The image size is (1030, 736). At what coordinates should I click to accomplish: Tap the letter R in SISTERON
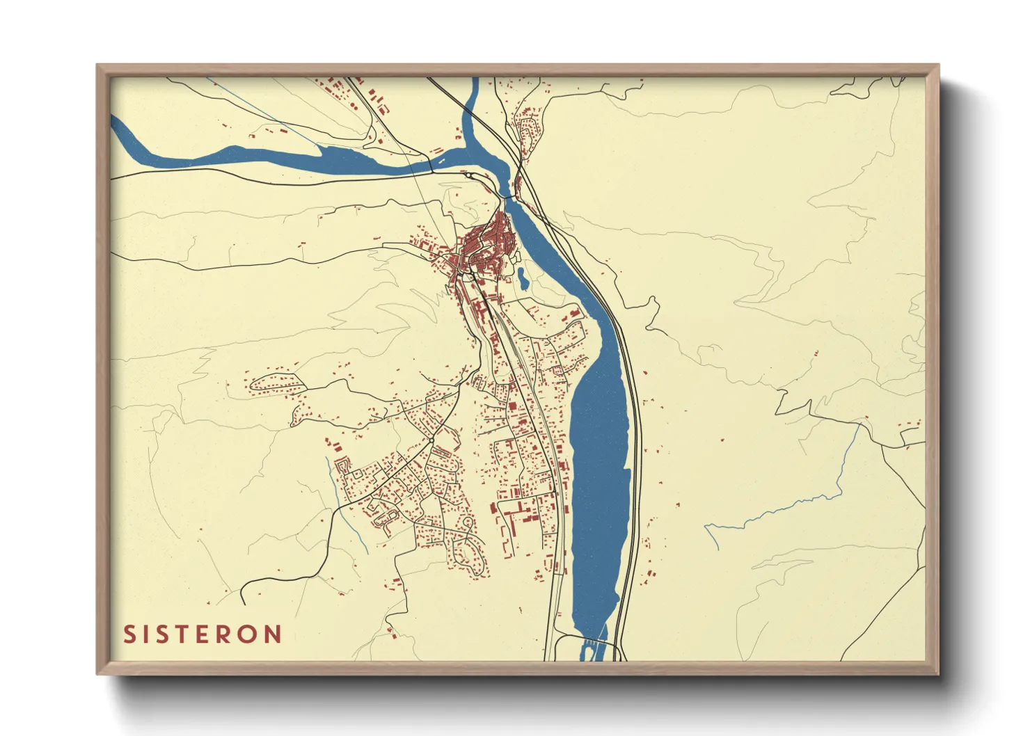pos(227,634)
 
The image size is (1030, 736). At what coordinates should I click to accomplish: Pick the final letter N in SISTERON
pos(274,634)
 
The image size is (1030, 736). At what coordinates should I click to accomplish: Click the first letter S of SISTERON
pos(130,634)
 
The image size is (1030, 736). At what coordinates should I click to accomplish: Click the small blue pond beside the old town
pos(521,279)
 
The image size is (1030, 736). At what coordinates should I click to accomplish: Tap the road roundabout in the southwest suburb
pos(431,440)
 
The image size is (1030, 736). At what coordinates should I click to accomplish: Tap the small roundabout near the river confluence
pos(470,175)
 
